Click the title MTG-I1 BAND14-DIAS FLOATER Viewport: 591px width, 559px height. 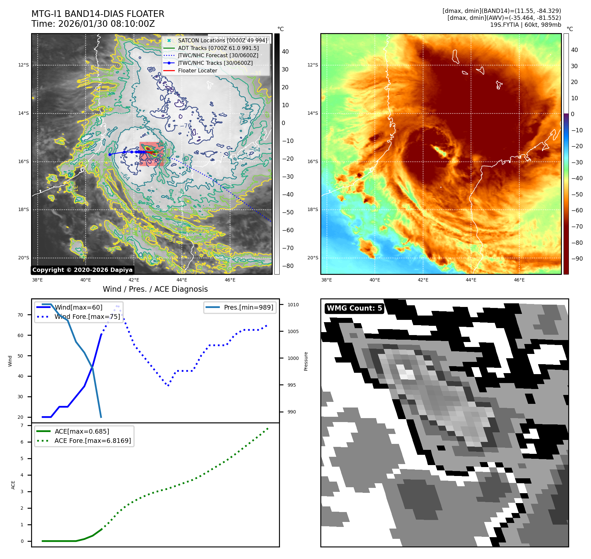click(98, 14)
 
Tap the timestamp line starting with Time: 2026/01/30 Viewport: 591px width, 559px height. click(93, 24)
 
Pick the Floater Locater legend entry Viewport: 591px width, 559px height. click(197, 70)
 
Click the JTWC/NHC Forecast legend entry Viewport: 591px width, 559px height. click(218, 55)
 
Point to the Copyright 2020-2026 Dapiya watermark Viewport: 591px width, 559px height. click(82, 270)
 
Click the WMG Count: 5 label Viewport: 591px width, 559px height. click(354, 308)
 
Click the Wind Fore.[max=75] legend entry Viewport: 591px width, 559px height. click(87, 317)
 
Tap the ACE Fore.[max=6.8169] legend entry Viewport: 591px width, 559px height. click(93, 441)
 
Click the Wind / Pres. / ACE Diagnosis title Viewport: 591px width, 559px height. click(155, 289)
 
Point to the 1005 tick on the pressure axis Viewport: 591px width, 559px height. click(293, 331)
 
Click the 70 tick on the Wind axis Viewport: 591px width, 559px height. click(20, 315)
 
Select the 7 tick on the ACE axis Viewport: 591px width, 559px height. click(22, 425)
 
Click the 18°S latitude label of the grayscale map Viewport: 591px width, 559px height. click(23, 209)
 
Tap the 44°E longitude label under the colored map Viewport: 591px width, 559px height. click(471, 280)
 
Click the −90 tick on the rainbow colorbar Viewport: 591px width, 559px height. click(577, 259)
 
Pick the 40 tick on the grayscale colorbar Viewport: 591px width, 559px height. click(285, 52)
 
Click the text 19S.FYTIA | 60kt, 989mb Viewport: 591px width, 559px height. click(525, 25)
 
